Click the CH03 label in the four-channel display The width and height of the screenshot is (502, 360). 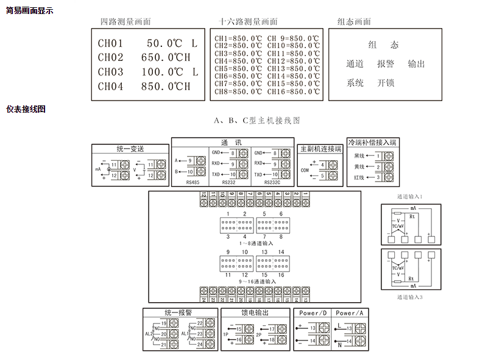pyautogui.click(x=110, y=72)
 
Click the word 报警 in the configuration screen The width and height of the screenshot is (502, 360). pyautogui.click(x=385, y=64)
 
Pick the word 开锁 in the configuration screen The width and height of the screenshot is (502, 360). pyautogui.click(x=385, y=83)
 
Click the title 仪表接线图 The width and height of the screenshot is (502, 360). pyautogui.click(x=26, y=110)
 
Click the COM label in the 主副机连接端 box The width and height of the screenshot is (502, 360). pyautogui.click(x=305, y=171)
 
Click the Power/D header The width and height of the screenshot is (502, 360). pyautogui.click(x=313, y=313)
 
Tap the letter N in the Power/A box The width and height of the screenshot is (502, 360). pyautogui.click(x=339, y=345)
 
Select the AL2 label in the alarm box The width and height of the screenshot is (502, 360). pyautogui.click(x=149, y=334)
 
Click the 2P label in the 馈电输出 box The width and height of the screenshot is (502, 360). pyautogui.click(x=258, y=334)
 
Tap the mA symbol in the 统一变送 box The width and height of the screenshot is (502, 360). pyautogui.click(x=98, y=169)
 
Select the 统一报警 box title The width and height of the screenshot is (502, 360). pyautogui.click(x=180, y=313)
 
